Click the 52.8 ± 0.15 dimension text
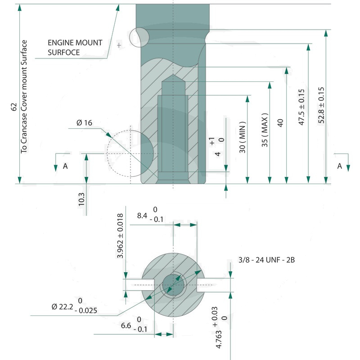(321, 104)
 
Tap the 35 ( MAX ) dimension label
(265, 130)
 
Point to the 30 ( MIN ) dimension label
(243, 137)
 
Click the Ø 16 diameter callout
(85, 123)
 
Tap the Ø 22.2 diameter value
(62, 306)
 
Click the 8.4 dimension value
(143, 216)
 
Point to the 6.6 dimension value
(127, 325)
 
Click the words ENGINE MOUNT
(75, 43)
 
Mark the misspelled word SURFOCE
(63, 52)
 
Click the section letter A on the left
(65, 166)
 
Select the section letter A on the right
(340, 166)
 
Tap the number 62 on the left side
(14, 107)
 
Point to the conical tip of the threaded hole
(173, 79)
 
